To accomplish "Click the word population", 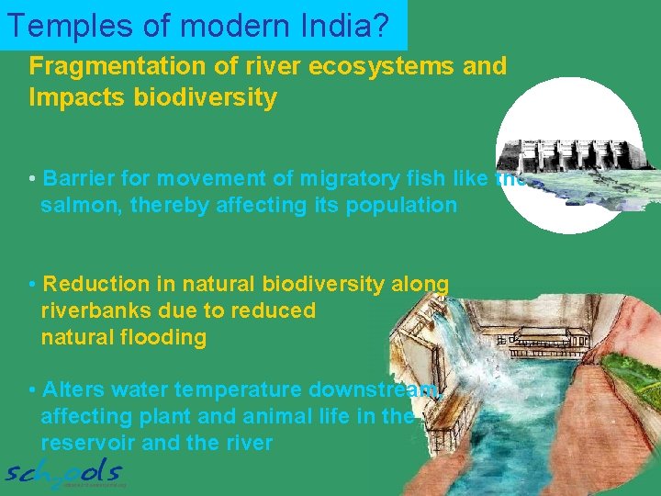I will point(404,205).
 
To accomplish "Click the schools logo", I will point(64,473).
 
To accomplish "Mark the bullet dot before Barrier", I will point(33,179).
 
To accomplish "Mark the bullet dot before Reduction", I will point(33,285).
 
